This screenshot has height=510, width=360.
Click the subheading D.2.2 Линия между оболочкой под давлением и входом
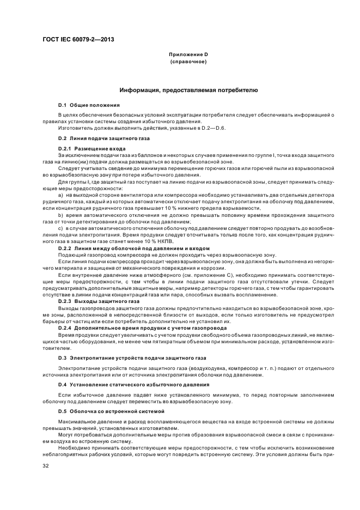tap(133, 248)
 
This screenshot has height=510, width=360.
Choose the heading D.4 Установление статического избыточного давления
tap(130, 384)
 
